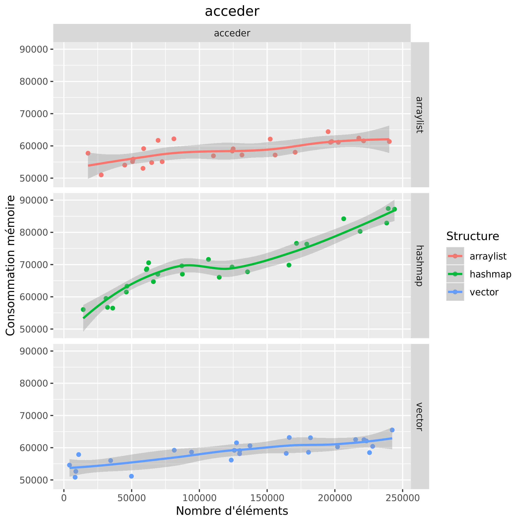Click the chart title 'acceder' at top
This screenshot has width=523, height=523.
(x=232, y=12)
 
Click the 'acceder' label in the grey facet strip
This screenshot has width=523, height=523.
(x=232, y=33)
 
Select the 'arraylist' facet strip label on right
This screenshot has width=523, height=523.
(x=419, y=115)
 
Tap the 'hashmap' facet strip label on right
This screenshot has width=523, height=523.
(x=419, y=265)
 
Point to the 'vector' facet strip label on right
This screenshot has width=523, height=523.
(x=419, y=417)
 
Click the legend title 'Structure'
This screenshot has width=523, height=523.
(x=473, y=236)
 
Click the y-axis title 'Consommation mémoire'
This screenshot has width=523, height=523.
(x=10, y=265)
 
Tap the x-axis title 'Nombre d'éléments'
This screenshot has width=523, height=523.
(x=232, y=511)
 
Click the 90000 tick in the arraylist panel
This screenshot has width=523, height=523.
(x=34, y=49)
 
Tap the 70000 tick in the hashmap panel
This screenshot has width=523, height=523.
(x=34, y=265)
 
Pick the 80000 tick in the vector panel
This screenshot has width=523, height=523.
(x=34, y=383)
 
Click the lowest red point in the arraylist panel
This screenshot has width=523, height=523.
(x=101, y=175)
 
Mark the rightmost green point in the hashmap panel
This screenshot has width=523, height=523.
(x=394, y=209)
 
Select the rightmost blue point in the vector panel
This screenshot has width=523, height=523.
(x=392, y=430)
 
